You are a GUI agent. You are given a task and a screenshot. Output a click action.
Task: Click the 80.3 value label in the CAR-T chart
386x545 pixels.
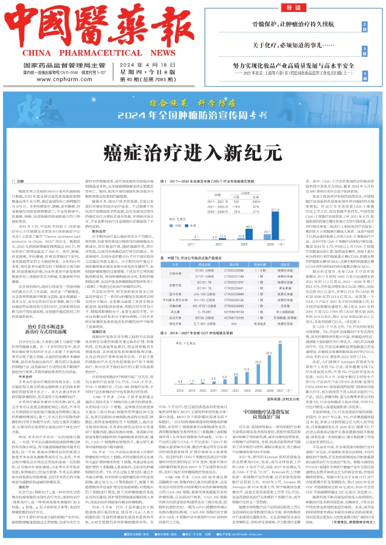point(247,227)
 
